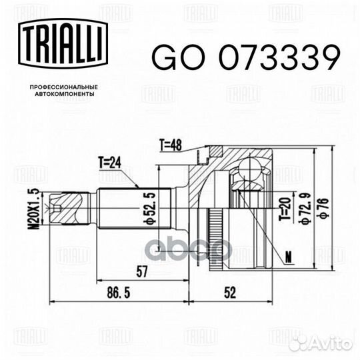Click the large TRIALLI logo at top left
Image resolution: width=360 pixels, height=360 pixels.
coord(63,43)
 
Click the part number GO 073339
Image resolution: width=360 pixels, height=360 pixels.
coord(245,57)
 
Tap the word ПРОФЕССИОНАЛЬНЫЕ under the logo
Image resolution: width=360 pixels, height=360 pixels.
coord(64,87)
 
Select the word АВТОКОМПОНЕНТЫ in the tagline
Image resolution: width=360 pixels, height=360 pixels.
coord(64,94)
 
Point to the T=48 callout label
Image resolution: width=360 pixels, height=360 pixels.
coord(171,145)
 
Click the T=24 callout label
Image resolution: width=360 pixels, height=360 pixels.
coord(110,163)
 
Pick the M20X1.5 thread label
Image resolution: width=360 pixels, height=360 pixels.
coord(35,209)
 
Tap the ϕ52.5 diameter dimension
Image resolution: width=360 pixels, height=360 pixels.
coord(151,208)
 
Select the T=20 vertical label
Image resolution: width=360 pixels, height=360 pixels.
coord(285,209)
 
